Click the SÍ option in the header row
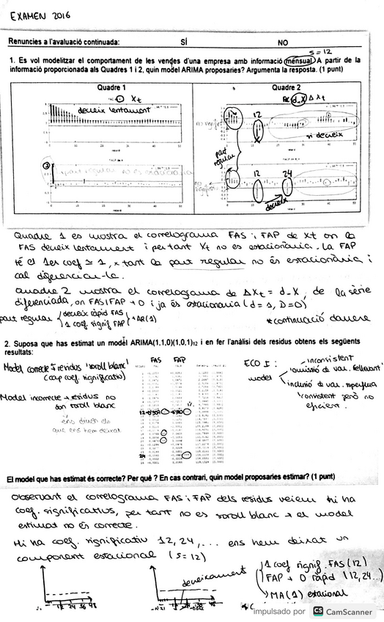click(x=183, y=43)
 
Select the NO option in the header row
click(x=283, y=43)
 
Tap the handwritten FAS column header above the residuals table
click(x=156, y=359)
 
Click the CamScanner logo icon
click(x=317, y=611)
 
